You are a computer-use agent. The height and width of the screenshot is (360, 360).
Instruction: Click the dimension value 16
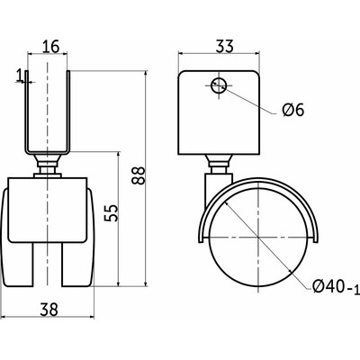[50, 47]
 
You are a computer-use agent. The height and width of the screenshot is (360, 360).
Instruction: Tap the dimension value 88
[139, 175]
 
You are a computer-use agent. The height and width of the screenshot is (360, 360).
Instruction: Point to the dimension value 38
[49, 309]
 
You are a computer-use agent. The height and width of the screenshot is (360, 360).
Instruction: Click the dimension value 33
[224, 47]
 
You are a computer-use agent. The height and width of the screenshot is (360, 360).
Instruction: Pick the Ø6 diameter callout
[293, 110]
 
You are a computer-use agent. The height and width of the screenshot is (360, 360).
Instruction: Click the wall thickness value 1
[20, 76]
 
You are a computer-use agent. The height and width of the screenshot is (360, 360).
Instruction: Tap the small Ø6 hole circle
[218, 85]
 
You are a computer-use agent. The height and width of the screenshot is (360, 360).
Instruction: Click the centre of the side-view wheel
[257, 238]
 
